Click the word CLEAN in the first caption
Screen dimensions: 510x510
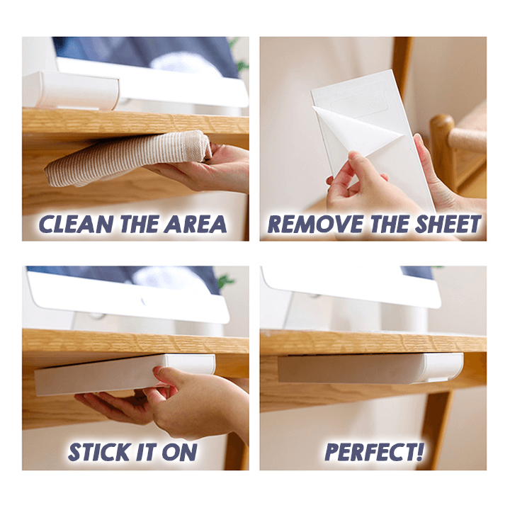point(76,224)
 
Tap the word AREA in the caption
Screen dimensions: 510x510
point(195,224)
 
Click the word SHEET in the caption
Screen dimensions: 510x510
point(449,224)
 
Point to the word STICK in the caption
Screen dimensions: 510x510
point(99,452)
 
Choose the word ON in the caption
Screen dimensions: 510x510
point(179,452)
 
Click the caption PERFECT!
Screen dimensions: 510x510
point(375,452)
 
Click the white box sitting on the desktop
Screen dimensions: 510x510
point(71,90)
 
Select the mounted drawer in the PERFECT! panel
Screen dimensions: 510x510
point(370,368)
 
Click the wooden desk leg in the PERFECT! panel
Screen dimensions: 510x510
point(435,430)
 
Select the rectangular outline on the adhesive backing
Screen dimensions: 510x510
point(359,103)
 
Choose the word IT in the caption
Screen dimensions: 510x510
point(147,452)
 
